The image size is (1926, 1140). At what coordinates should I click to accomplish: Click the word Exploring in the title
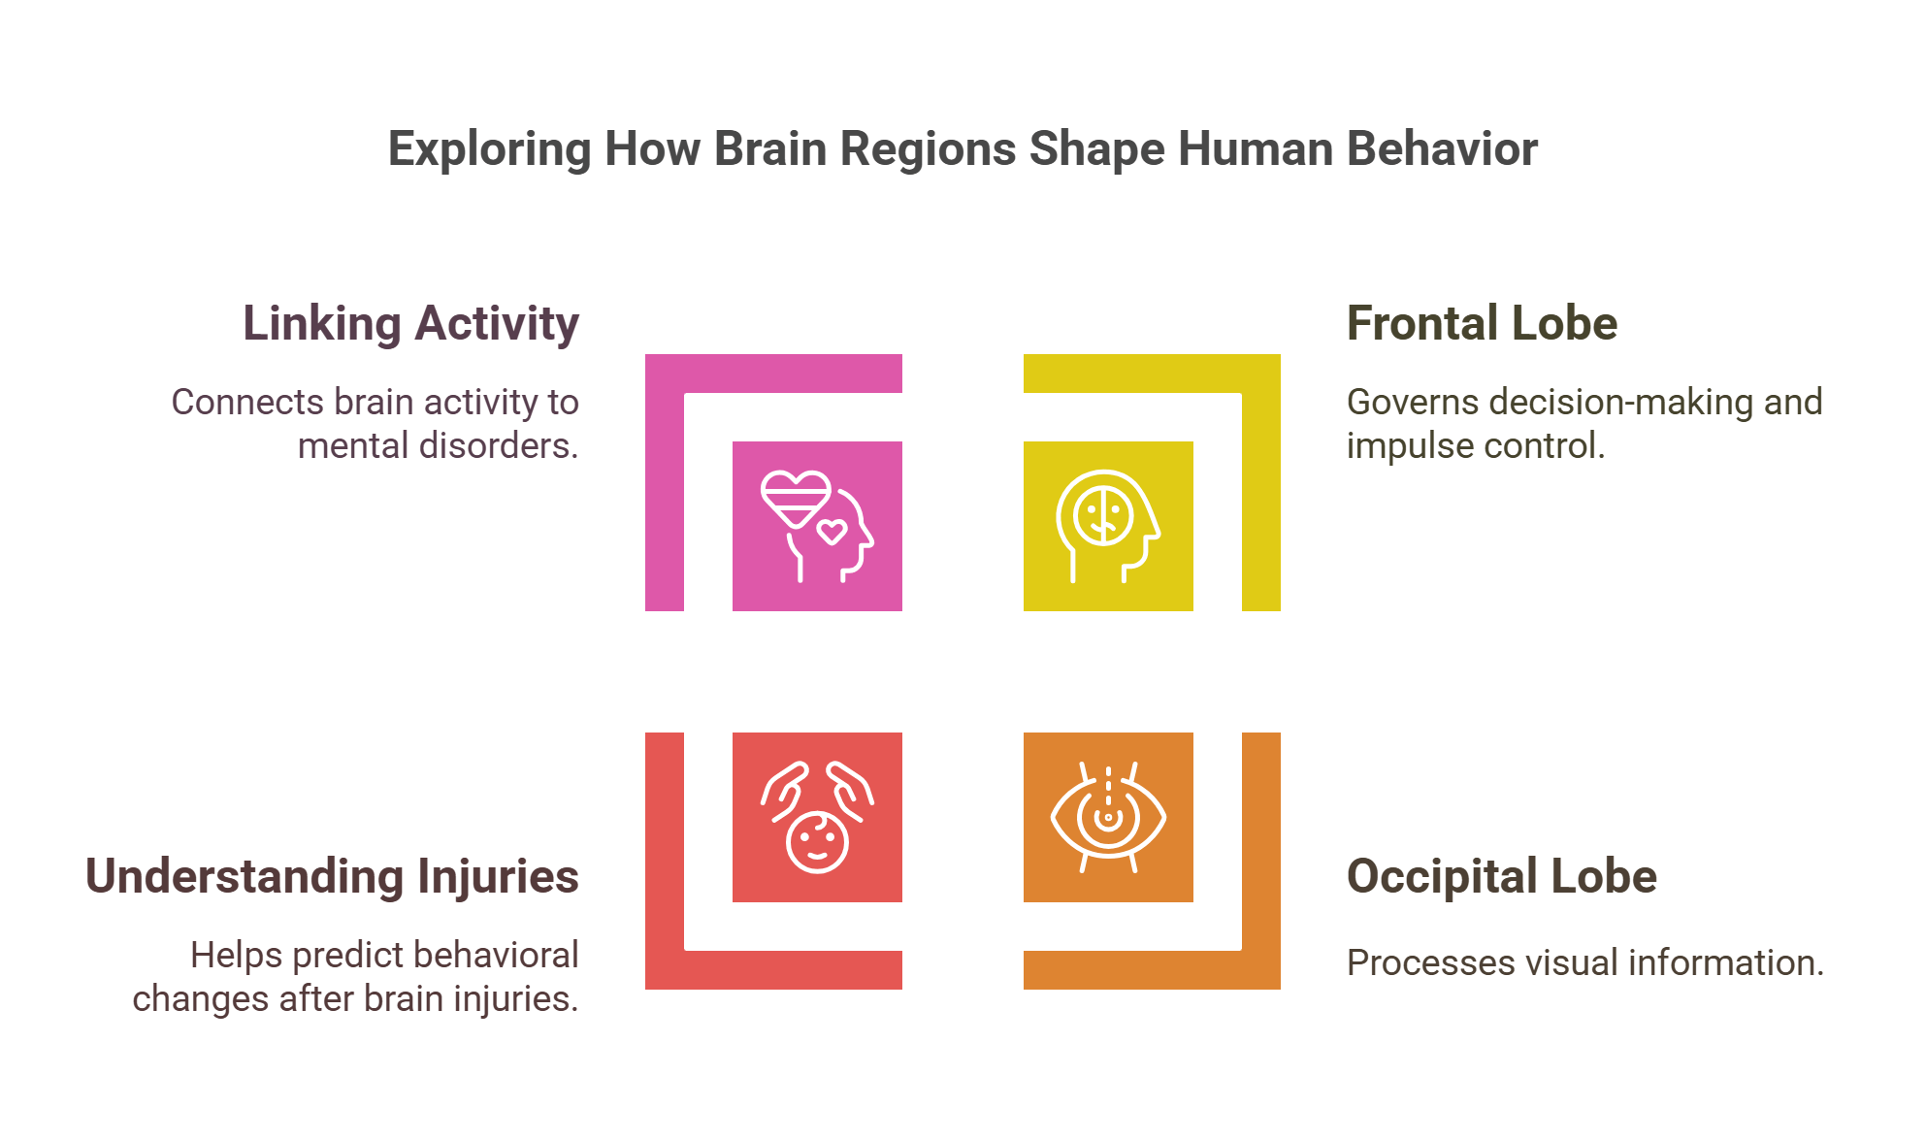click(489, 150)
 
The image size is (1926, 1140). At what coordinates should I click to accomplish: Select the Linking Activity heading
click(410, 324)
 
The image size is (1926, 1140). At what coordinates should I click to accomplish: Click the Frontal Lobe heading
click(1482, 324)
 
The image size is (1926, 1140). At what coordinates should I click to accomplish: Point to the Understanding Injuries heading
click(332, 877)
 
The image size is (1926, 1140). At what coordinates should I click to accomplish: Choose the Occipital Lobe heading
click(1501, 877)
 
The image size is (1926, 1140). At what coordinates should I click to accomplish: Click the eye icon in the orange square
click(1108, 818)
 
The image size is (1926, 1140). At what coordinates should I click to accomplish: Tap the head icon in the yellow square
click(1107, 525)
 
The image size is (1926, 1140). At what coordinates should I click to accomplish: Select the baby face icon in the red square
click(817, 842)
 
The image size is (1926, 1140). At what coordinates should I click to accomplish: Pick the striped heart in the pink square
click(795, 498)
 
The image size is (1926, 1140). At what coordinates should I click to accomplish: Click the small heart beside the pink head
click(832, 532)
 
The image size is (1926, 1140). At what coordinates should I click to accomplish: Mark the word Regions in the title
click(927, 150)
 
